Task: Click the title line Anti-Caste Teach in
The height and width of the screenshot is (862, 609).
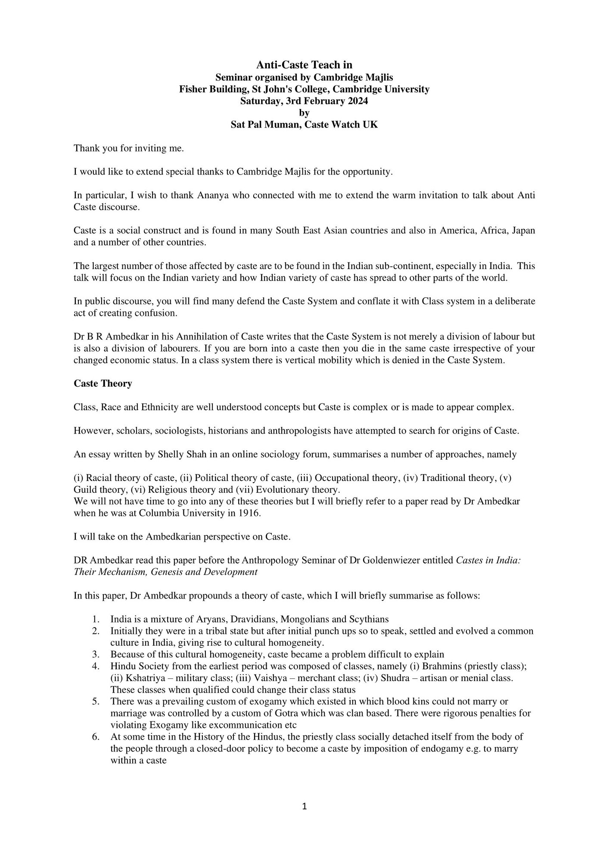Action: click(x=304, y=65)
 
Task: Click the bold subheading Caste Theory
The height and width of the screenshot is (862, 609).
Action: click(x=103, y=384)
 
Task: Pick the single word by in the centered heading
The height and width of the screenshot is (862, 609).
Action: click(x=304, y=113)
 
